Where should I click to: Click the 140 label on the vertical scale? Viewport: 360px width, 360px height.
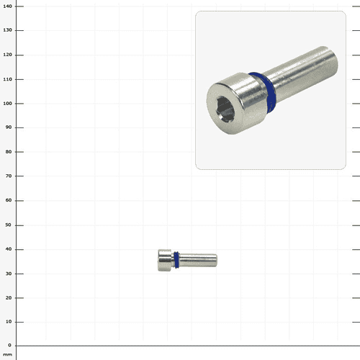7,6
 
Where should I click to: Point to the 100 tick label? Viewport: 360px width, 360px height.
7,104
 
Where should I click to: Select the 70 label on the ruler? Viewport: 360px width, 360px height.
9,176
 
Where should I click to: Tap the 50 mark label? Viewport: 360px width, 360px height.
9,225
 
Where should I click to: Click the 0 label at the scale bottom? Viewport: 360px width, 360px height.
9,345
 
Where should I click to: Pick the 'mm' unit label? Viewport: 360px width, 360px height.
7,354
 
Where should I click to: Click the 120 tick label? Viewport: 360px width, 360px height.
7,55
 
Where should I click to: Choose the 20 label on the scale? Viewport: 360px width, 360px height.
9,297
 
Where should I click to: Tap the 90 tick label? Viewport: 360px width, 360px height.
9,127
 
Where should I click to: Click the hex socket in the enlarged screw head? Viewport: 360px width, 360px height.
225,109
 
